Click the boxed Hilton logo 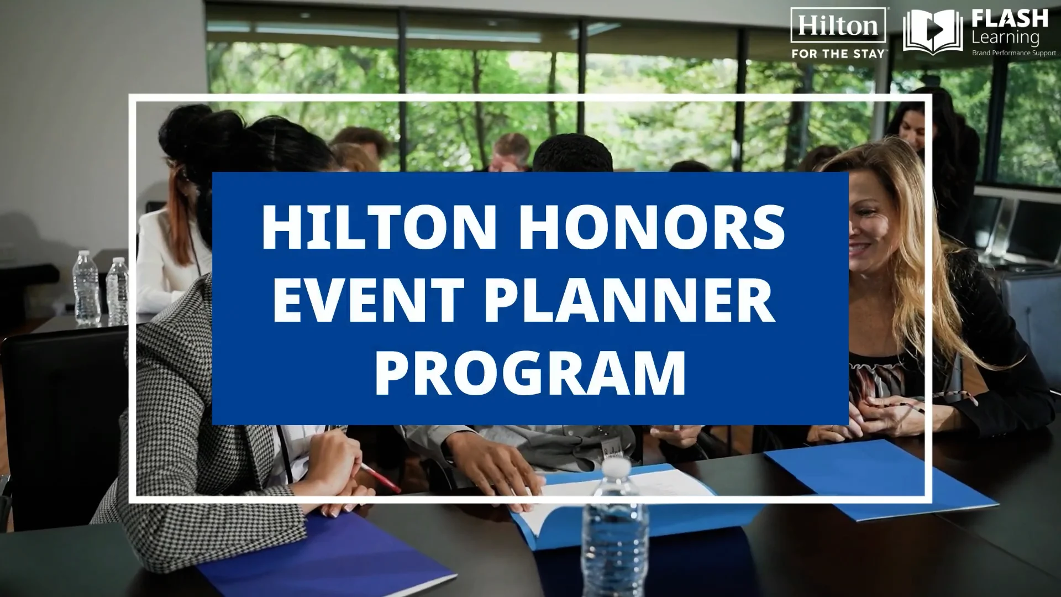click(838, 25)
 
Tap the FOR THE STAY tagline click(838, 54)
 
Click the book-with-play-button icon click(932, 32)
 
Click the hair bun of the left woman click(188, 124)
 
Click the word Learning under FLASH click(1005, 38)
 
